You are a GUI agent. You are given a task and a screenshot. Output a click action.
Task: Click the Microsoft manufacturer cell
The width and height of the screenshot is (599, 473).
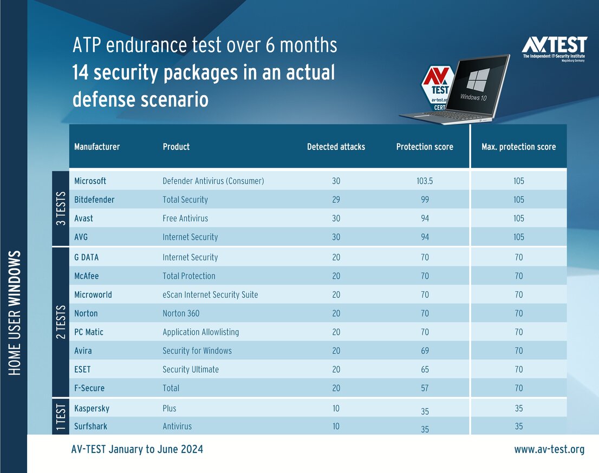(90, 181)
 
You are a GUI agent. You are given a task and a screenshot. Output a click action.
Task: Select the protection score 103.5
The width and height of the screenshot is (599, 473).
(425, 181)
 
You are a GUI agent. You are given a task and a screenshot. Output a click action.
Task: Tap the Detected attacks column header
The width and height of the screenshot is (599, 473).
(336, 147)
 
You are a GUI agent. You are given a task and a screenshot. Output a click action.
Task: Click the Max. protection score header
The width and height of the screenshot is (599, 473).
(518, 147)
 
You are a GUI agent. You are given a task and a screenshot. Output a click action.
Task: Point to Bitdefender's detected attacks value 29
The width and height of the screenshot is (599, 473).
(336, 200)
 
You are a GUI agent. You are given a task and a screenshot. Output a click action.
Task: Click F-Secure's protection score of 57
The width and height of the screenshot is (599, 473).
(425, 388)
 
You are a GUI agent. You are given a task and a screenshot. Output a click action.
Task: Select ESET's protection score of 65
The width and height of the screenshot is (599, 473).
(425, 370)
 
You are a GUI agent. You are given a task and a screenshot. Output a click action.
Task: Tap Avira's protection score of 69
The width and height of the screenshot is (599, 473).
(425, 351)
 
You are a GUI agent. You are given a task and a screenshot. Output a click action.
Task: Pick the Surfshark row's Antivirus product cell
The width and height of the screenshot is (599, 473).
(177, 426)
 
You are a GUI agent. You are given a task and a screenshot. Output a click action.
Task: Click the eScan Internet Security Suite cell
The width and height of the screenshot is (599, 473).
(210, 295)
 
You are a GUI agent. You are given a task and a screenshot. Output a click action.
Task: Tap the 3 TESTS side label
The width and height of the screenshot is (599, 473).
(61, 208)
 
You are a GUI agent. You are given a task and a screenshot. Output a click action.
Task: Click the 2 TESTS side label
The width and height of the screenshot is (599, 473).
(61, 322)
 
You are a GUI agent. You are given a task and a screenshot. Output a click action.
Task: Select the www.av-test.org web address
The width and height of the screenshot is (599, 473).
(549, 449)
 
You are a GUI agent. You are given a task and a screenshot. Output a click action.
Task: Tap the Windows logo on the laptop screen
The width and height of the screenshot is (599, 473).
(477, 80)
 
